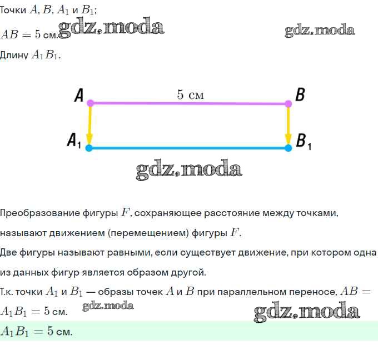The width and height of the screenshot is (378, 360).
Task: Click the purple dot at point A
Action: coord(90,103)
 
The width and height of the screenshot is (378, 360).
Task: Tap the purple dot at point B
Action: coord(288,104)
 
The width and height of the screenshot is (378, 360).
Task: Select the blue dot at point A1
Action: coord(89,148)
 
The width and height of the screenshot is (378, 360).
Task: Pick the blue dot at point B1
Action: coord(289,148)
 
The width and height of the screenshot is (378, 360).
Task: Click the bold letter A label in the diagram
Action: coord(79,95)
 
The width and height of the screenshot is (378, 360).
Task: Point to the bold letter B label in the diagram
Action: coord(300,94)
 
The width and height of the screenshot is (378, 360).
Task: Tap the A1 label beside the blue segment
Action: coord(74,140)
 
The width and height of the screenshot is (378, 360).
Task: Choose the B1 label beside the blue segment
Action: coord(304,141)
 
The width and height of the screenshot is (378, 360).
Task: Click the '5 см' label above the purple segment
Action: coord(191,94)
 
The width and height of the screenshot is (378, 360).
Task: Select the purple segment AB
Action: coord(189,104)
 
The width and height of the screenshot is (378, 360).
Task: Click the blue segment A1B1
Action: coord(188,148)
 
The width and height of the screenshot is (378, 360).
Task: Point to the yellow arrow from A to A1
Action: coord(89,126)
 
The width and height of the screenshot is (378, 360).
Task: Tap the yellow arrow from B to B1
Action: coord(289,126)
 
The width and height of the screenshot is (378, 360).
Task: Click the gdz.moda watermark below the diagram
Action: coord(189,169)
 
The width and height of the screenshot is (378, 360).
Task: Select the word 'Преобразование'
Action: coord(40,213)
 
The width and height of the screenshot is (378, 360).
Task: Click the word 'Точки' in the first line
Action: coord(13,10)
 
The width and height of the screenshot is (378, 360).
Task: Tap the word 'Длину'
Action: coord(14,55)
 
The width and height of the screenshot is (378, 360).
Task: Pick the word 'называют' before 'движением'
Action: coord(23,233)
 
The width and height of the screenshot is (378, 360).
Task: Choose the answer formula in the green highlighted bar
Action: coord(36,331)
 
